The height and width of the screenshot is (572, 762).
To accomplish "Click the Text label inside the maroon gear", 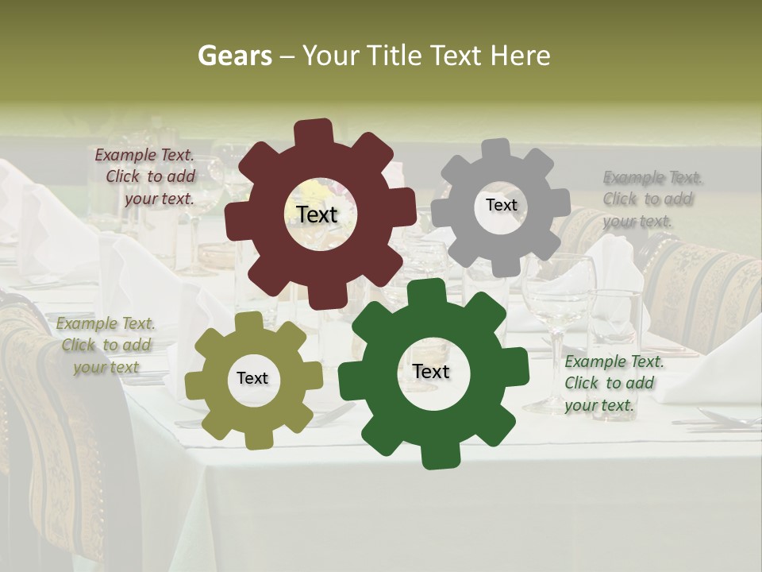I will [x=317, y=214].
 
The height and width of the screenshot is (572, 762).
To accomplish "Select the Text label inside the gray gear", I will [x=501, y=205].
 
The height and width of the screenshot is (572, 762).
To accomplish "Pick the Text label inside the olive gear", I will [x=252, y=378].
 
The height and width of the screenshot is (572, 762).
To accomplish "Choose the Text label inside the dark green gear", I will [x=431, y=371].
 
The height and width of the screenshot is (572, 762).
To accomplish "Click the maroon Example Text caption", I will [x=145, y=176].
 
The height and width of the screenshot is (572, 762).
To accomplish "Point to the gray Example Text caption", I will [x=652, y=199].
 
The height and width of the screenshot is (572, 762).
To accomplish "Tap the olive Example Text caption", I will [x=106, y=345].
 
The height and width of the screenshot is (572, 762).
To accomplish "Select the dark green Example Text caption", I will [x=614, y=383].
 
